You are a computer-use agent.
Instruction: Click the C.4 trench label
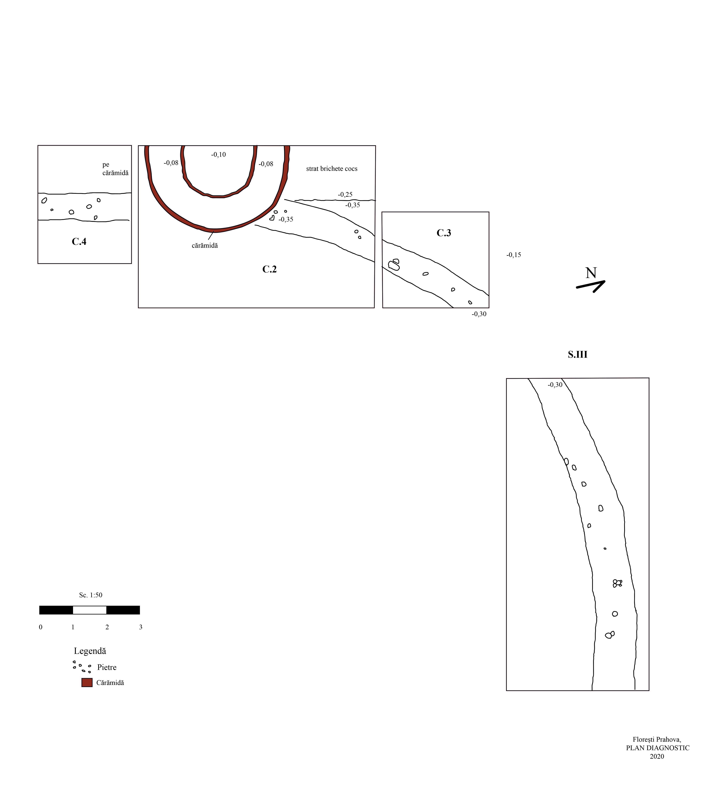[79, 242]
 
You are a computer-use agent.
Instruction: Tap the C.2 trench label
[270, 269]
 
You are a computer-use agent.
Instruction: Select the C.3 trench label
[444, 233]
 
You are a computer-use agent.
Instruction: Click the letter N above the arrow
[591, 273]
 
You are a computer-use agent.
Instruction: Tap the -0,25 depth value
[345, 194]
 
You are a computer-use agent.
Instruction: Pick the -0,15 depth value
[514, 255]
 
